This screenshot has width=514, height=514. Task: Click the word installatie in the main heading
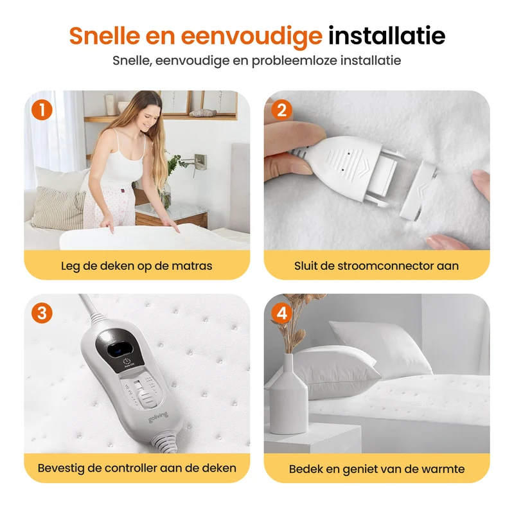pos(387,35)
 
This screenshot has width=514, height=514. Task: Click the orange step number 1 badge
pos(42,110)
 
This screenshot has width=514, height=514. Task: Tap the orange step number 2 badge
pos(281,110)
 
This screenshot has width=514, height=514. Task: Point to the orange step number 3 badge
pos(42,313)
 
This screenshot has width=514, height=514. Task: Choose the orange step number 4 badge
pos(281,313)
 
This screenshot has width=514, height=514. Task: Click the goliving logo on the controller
pos(158,417)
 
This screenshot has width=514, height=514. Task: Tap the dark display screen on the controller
pos(119,350)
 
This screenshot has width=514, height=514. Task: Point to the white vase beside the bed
pos(288,394)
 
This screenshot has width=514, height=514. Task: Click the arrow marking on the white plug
pos(363,165)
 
